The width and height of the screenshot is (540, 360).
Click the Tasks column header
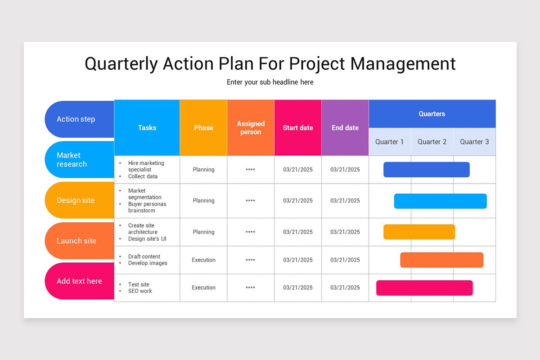(147, 128)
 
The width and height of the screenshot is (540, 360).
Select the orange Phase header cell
(203, 128)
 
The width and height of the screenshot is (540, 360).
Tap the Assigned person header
(251, 128)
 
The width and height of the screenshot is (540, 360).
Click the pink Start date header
(298, 128)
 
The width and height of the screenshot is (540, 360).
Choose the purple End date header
(345, 128)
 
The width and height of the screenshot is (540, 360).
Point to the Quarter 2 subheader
(432, 142)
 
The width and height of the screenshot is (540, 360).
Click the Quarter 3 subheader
(474, 142)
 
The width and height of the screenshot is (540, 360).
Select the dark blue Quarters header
(432, 114)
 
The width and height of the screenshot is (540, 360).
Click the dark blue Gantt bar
(426, 170)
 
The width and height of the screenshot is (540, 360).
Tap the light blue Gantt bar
(440, 201)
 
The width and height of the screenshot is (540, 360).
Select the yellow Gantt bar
(419, 232)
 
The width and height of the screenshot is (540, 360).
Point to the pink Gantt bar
(424, 288)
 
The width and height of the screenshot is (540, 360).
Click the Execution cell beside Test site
(203, 288)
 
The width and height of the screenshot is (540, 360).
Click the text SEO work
(140, 291)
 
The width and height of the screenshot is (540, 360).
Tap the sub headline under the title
(270, 82)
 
